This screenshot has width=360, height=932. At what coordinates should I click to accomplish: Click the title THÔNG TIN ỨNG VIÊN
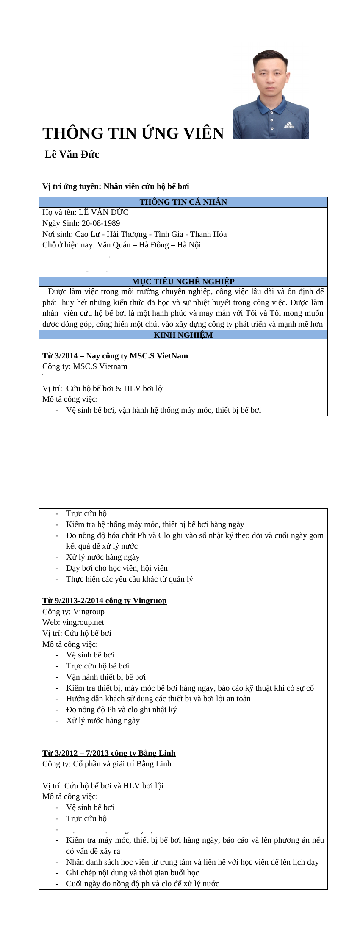pos(133,133)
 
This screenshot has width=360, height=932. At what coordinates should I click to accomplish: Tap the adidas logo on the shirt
pos(289,126)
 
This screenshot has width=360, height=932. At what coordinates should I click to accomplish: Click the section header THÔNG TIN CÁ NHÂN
pos(183,202)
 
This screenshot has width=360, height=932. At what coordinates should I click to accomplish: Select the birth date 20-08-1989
pos(101,223)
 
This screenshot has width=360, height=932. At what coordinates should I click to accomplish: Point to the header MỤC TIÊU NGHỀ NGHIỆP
pos(183,282)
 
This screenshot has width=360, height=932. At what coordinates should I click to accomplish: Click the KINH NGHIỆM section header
pos(183,335)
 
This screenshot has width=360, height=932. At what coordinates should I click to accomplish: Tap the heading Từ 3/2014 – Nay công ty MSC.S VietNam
pos(115,356)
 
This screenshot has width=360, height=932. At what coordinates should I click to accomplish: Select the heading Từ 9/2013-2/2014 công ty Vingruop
pos(104,601)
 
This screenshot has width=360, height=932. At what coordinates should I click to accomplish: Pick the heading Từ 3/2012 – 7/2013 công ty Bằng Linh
pos(109,753)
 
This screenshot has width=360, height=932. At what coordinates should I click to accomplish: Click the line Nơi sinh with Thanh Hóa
pos(134,234)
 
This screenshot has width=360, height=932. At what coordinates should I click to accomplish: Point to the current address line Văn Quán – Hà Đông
pos(122,245)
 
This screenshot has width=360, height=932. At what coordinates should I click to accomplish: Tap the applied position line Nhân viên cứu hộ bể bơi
pos(116,186)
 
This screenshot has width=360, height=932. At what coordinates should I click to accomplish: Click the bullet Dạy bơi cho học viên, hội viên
pos(116,568)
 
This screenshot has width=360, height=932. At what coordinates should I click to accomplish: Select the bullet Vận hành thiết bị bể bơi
pos(105,677)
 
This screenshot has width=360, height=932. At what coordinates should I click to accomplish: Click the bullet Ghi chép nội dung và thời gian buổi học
pos(132,873)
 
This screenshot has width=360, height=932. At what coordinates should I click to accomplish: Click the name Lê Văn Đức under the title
pos(72,154)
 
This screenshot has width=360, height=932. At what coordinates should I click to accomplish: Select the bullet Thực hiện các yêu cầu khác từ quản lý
pos(129,579)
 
